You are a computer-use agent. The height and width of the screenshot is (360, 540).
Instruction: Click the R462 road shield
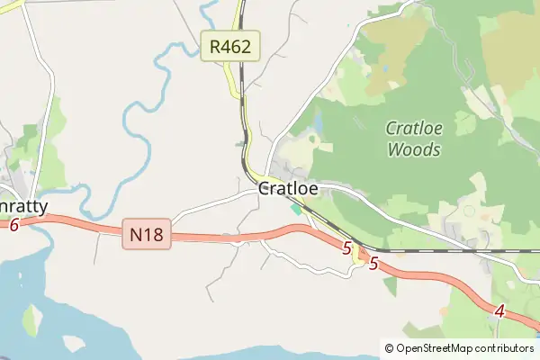click(230, 45)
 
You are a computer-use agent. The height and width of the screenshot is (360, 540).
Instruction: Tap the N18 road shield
click(147, 236)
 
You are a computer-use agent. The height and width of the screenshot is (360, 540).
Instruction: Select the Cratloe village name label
click(288, 190)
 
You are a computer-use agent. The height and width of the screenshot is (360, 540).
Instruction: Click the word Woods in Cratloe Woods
click(414, 149)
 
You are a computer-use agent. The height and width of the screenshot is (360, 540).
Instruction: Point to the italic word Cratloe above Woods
click(414, 129)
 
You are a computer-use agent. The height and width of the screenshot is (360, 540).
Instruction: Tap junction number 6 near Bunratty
click(13, 225)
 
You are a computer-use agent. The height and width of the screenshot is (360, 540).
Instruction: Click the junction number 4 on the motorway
click(499, 312)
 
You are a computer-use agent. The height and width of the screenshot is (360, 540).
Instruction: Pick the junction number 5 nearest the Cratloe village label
click(347, 247)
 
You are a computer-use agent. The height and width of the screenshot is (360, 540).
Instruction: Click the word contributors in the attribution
click(505, 348)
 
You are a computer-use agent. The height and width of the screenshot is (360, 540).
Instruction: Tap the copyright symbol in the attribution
click(389, 348)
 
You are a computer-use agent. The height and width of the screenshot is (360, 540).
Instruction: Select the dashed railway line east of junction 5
click(450, 251)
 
